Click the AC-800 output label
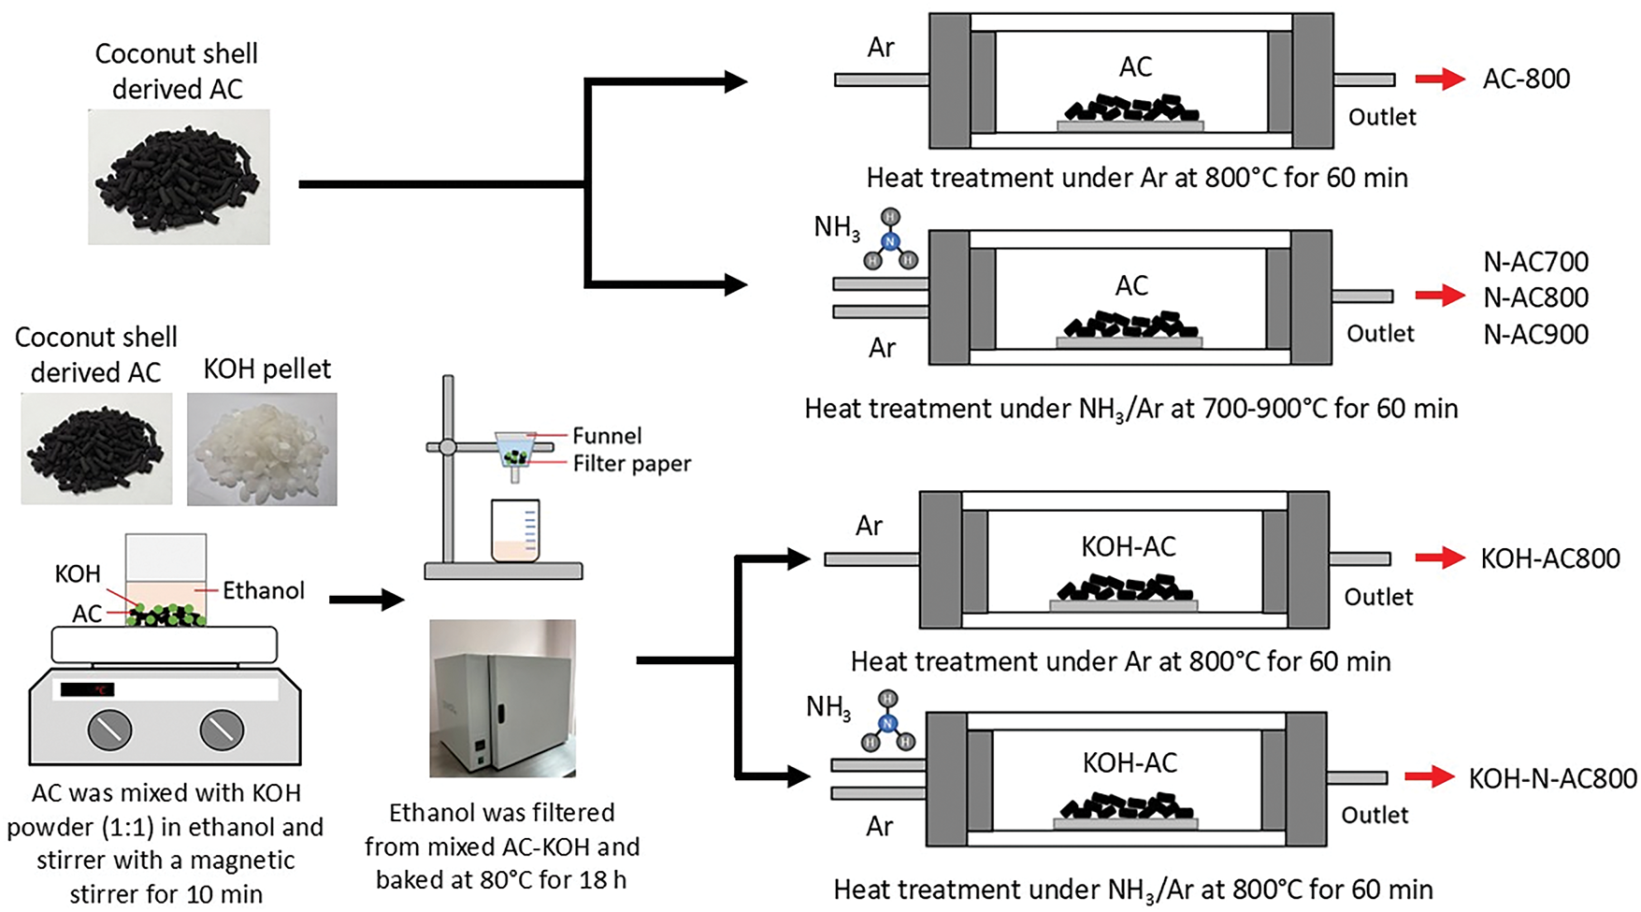pyautogui.click(x=1526, y=79)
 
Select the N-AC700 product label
pyautogui.click(x=1535, y=262)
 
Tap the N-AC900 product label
pyautogui.click(x=1535, y=334)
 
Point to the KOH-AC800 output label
pyautogui.click(x=1550, y=558)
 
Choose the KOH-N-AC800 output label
pyautogui.click(x=1552, y=778)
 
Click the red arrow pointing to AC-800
pyautogui.click(x=1440, y=79)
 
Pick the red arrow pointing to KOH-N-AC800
pyautogui.click(x=1430, y=776)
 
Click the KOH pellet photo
pyautogui.click(x=262, y=449)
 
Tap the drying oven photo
pyautogui.click(x=503, y=698)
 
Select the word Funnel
pyautogui.click(x=607, y=436)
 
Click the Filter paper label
pyautogui.click(x=632, y=464)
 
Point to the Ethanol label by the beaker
pyautogui.click(x=264, y=590)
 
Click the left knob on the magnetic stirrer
pyautogui.click(x=109, y=730)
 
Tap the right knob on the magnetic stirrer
pyautogui.click(x=222, y=730)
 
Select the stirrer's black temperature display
pyautogui.click(x=87, y=689)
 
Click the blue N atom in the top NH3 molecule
pyautogui.click(x=889, y=241)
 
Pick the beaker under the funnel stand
pyautogui.click(x=515, y=530)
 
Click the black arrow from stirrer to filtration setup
pyautogui.click(x=367, y=600)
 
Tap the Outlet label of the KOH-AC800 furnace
pyautogui.click(x=1378, y=597)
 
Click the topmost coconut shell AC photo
pyautogui.click(x=179, y=177)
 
